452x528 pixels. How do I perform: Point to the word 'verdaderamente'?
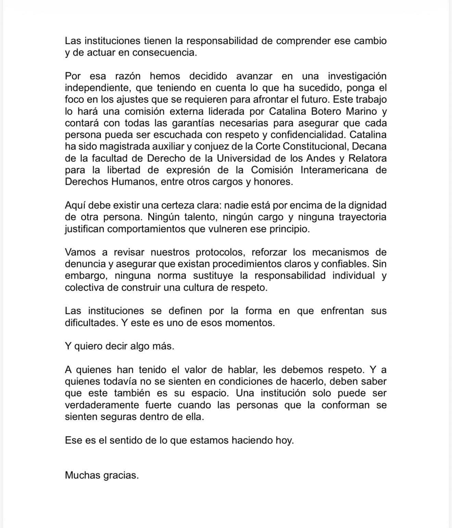[x=101, y=405]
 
